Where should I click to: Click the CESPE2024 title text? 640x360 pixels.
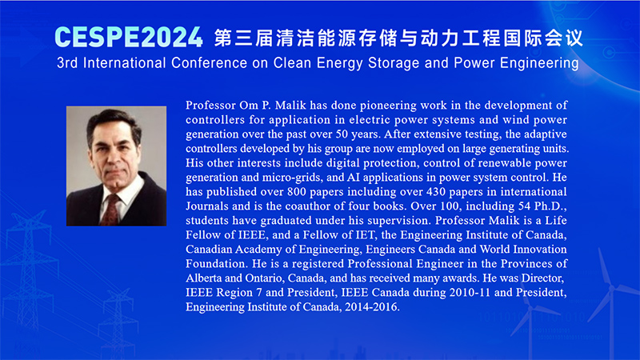pos(129,37)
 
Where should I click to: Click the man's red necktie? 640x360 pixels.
pos(111,210)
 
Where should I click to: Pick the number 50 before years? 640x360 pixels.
pos(342,134)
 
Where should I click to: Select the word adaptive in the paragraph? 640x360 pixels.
pos(546,134)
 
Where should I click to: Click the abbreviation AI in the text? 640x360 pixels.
pos(353,178)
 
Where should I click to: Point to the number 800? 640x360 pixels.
pos(296,192)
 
